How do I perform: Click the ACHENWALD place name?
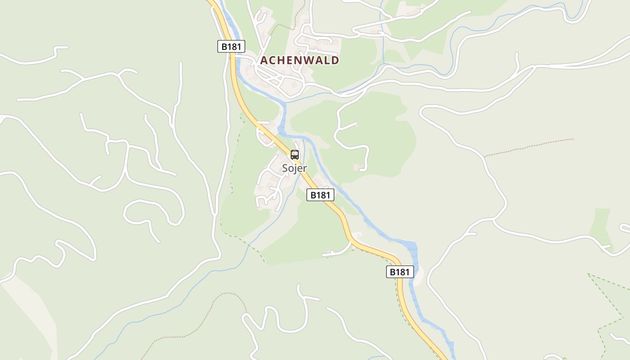(300, 60)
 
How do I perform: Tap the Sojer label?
(294, 168)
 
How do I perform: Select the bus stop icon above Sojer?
(295, 155)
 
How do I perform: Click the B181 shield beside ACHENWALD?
(231, 46)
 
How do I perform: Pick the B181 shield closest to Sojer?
(320, 195)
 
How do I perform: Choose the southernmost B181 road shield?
(400, 272)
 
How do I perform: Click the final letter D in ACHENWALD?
(335, 60)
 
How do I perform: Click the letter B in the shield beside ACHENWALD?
(224, 46)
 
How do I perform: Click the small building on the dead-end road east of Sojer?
(356, 167)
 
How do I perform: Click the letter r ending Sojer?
(305, 169)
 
